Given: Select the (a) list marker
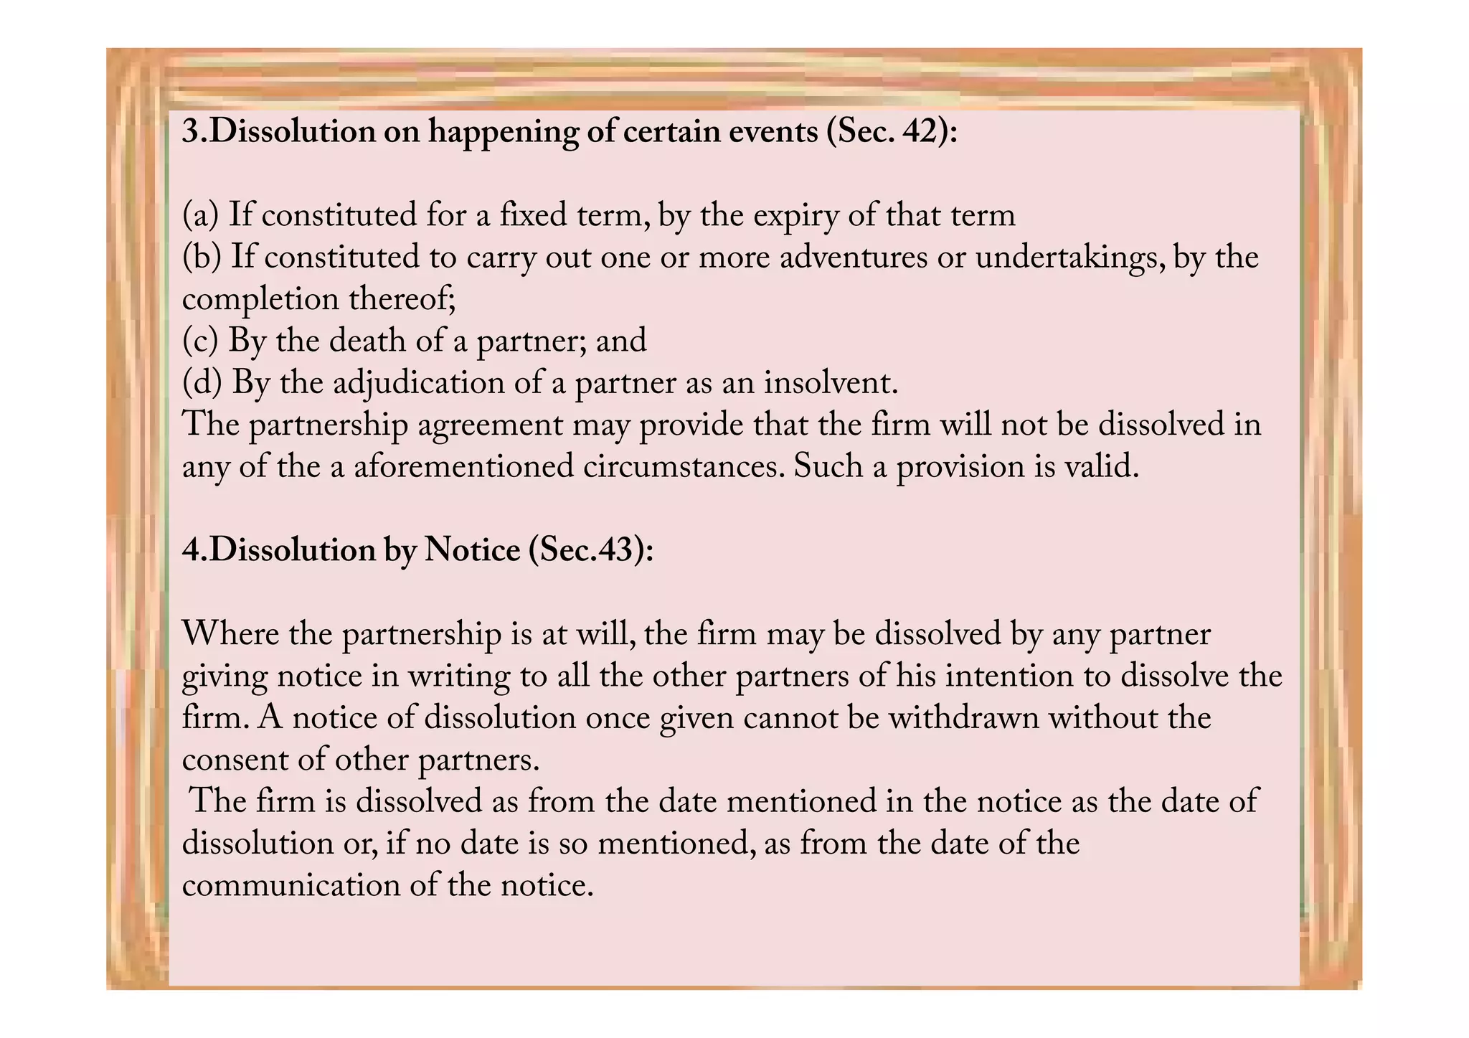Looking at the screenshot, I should (200, 216).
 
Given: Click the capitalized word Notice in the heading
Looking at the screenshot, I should (472, 551).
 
